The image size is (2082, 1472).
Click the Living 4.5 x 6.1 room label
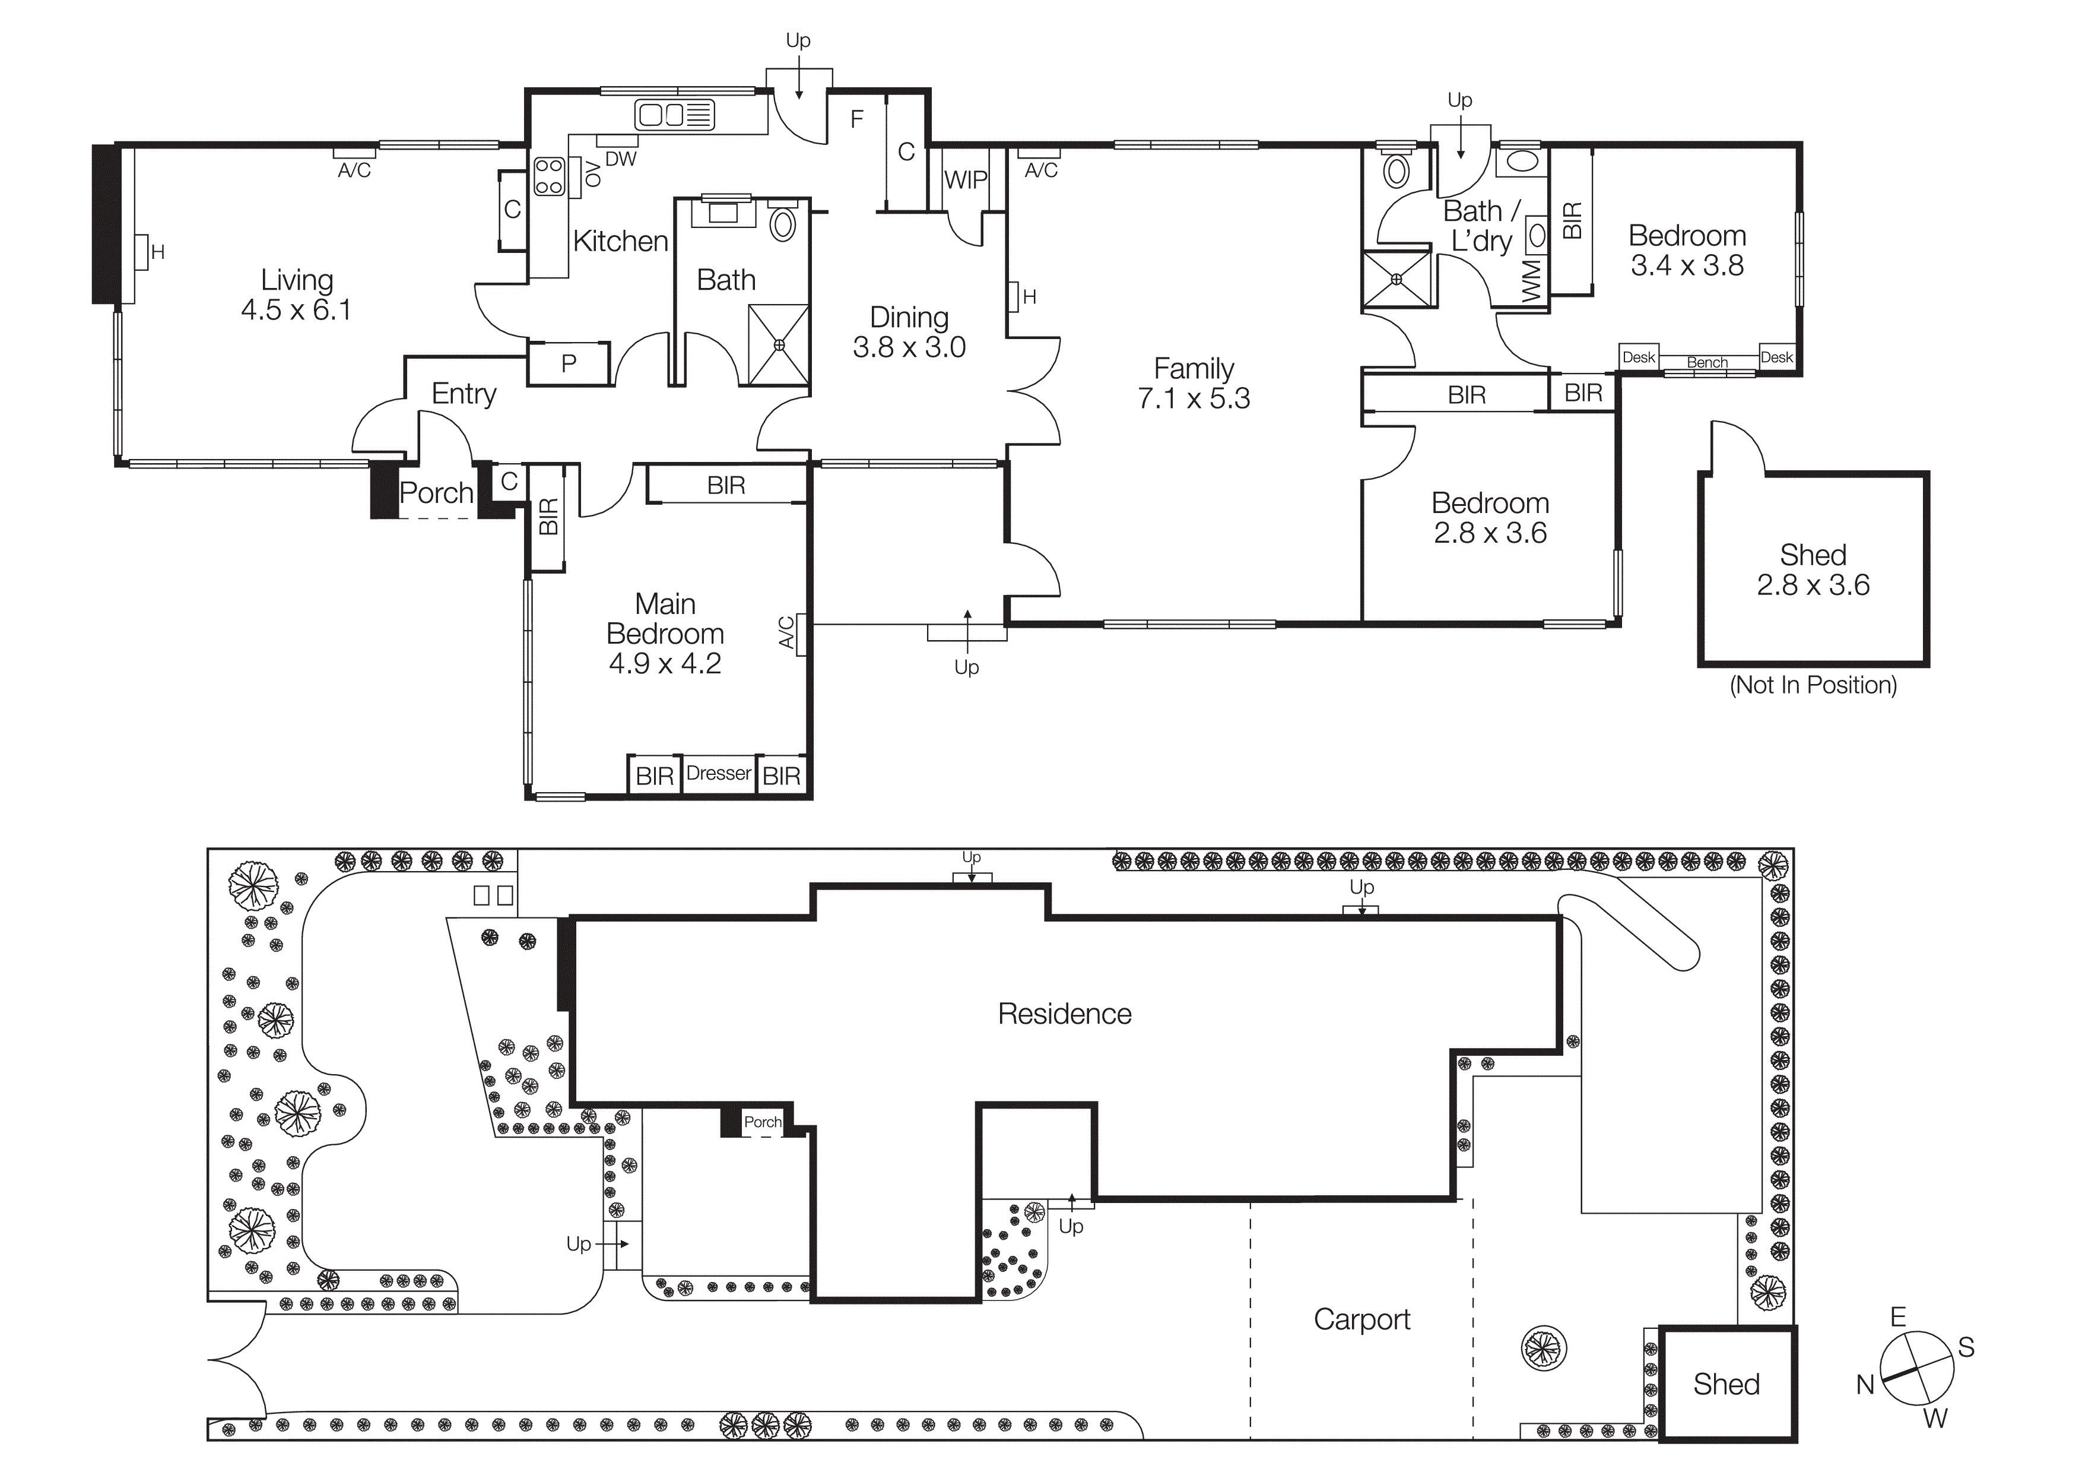click(297, 294)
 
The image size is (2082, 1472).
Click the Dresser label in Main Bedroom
click(718, 774)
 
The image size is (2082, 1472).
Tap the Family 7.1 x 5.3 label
click(1194, 383)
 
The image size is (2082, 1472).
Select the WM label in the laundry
click(1532, 280)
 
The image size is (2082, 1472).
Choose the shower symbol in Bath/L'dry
click(1397, 279)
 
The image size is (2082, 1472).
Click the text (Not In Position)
click(1813, 685)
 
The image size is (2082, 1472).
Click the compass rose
click(1916, 1369)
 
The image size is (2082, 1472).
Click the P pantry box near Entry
click(569, 363)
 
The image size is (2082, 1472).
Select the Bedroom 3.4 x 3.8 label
click(1687, 249)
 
